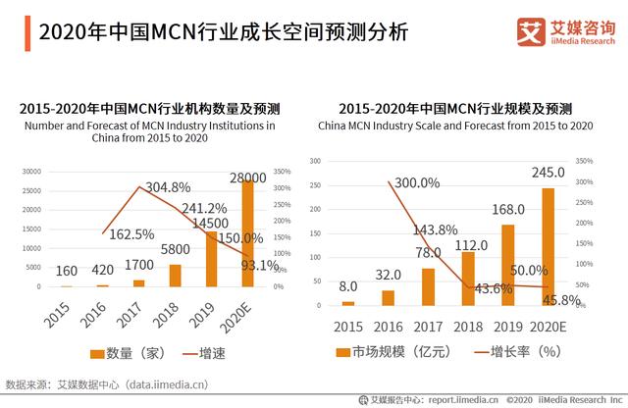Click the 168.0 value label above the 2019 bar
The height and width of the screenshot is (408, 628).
(507, 208)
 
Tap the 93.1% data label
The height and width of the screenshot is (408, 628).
(261, 266)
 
